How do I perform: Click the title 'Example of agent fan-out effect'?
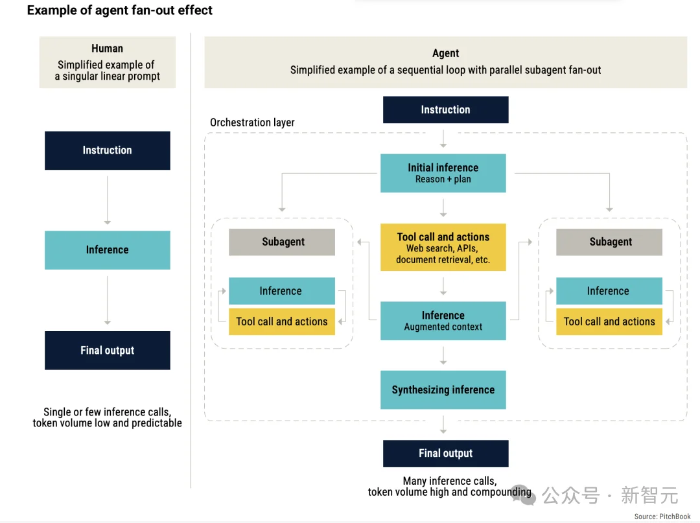[x=120, y=10]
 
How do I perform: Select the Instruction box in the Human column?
[x=107, y=150]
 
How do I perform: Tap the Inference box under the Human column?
[x=107, y=250]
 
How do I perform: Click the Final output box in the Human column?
[x=107, y=351]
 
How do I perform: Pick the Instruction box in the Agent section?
[x=445, y=110]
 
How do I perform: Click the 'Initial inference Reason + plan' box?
[x=443, y=173]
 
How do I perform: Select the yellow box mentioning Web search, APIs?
[x=443, y=247]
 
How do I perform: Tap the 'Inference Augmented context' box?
[x=443, y=321]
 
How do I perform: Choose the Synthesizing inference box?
[x=443, y=389]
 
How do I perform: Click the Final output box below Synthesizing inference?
[x=445, y=454]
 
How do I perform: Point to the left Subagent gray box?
[x=282, y=242]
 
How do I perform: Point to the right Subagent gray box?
[x=609, y=242]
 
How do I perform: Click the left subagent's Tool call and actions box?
[x=282, y=321]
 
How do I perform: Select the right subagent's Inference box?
[x=609, y=291]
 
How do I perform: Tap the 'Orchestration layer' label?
[x=252, y=122]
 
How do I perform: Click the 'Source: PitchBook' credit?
[x=662, y=517]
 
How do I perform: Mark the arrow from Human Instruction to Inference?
[x=107, y=200]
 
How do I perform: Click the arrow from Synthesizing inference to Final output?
[x=443, y=424]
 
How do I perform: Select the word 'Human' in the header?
[x=107, y=48]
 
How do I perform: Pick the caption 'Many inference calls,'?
[x=450, y=481]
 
